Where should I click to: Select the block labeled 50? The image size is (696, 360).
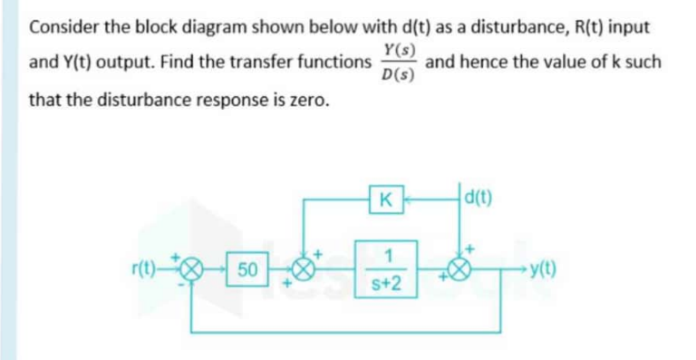click(248, 269)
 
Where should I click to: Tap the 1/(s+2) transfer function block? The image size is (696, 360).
click(387, 268)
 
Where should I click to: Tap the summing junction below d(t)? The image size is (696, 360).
click(462, 270)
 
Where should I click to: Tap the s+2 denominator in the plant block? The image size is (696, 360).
click(387, 287)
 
